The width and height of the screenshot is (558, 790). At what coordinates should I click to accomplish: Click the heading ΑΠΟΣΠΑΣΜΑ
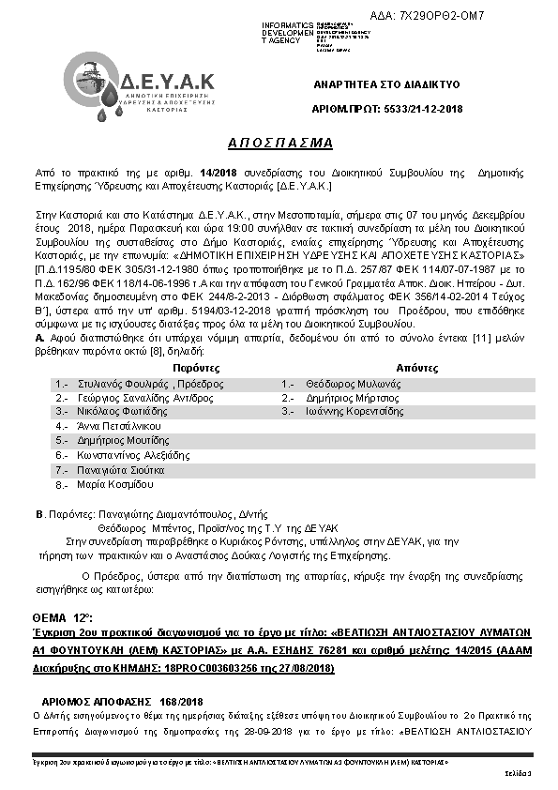(279, 143)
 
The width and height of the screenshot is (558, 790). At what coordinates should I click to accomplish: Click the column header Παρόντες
(169, 369)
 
